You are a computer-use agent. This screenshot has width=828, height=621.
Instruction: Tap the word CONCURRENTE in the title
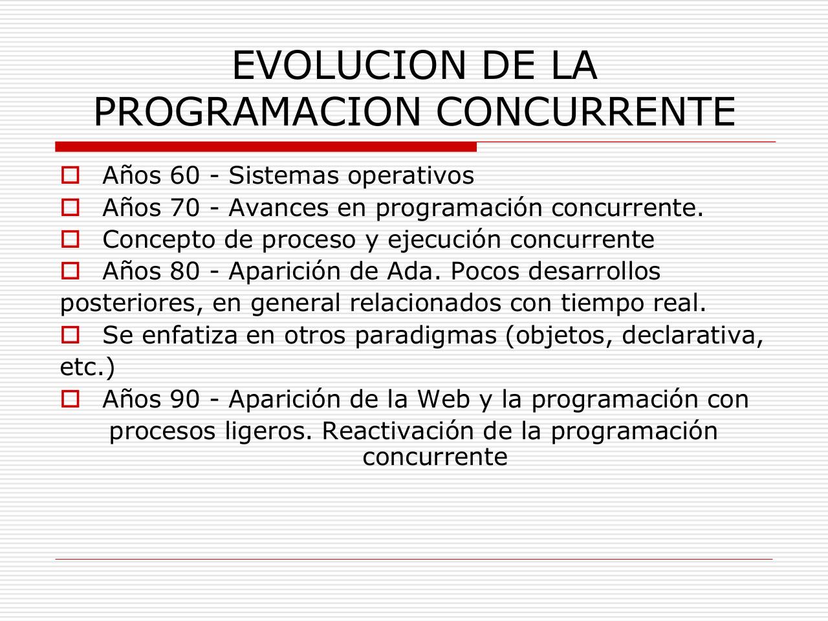[586, 112]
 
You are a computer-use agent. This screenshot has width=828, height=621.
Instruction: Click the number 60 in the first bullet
[186, 176]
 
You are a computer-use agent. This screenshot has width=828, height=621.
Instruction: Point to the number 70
[186, 208]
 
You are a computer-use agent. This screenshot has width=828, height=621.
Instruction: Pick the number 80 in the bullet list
[186, 272]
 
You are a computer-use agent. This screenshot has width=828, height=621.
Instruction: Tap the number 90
[186, 400]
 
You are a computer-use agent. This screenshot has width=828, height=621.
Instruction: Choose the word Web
[444, 400]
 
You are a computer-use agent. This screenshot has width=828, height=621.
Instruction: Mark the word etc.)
[87, 367]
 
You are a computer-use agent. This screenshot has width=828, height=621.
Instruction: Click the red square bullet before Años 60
[70, 175]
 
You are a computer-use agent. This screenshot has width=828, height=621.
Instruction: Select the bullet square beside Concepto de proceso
[70, 239]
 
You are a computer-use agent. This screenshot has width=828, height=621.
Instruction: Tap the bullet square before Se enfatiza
[70, 335]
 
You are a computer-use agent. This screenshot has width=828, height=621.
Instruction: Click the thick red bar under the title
[266, 147]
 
